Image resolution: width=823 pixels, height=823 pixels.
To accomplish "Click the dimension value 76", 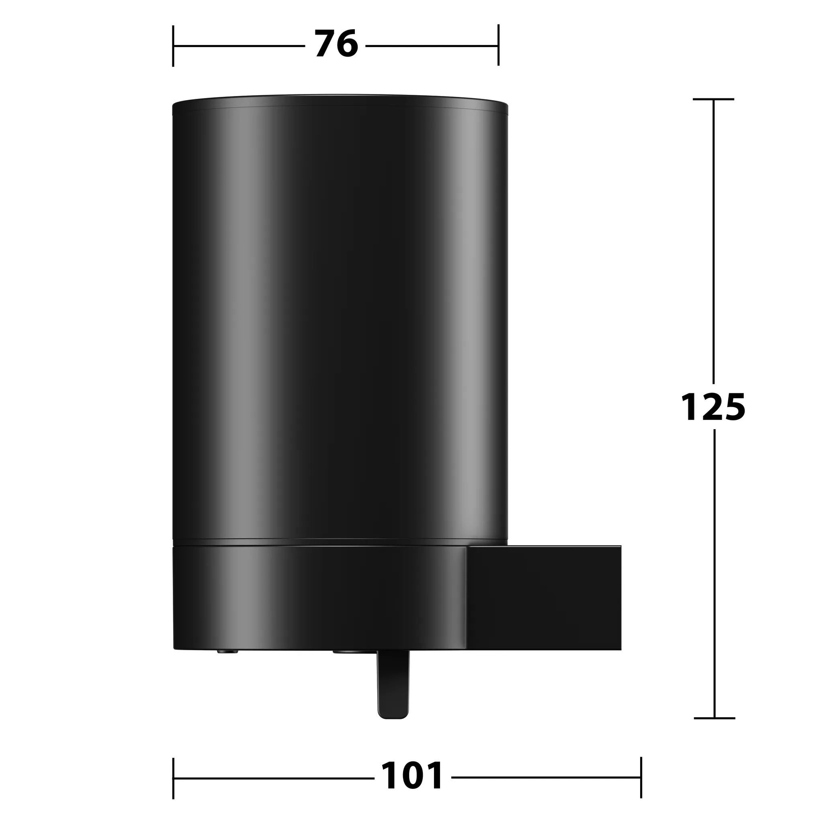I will click(x=336, y=44).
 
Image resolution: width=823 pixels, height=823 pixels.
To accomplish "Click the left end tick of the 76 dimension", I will click(x=173, y=45).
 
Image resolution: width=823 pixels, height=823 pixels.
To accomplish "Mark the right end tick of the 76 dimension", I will click(x=498, y=45).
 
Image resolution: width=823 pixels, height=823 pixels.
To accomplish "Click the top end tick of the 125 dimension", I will click(x=714, y=99).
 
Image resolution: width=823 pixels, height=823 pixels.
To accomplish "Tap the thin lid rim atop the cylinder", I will click(x=340, y=101).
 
